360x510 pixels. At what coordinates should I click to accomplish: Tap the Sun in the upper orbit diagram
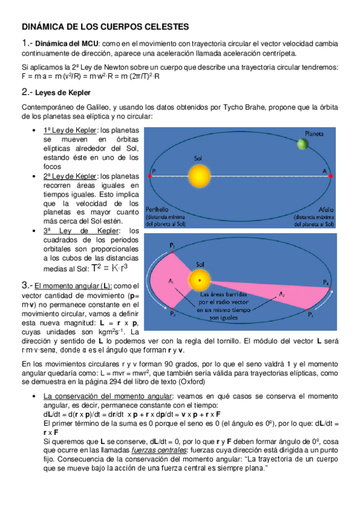pos(197,176)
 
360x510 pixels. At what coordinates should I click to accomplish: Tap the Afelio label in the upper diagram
pos(316,209)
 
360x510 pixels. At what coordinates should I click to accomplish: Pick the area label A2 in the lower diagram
pos(281,293)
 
